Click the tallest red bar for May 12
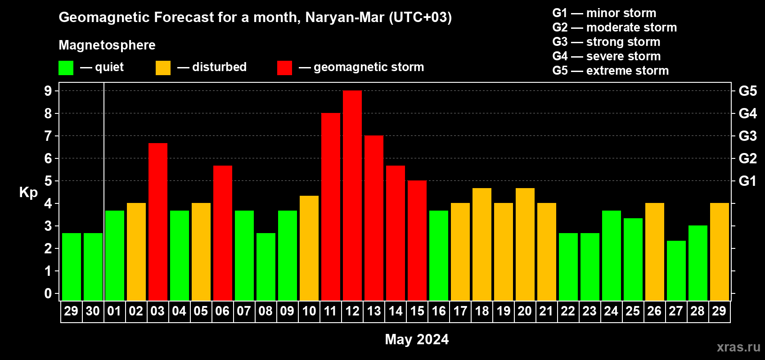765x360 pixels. (x=352, y=196)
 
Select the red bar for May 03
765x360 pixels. (x=158, y=222)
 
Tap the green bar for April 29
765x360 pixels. (x=72, y=267)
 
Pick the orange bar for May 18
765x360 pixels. (x=482, y=244)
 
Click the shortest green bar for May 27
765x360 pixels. (x=676, y=270)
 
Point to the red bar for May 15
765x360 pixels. (x=417, y=241)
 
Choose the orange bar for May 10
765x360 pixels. (x=309, y=248)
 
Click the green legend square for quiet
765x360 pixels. (x=66, y=68)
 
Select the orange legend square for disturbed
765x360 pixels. (x=163, y=68)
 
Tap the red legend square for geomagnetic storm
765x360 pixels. (x=284, y=68)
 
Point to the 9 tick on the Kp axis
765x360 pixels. (x=48, y=91)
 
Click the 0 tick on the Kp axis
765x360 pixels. (x=48, y=293)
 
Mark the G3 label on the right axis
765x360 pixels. (x=747, y=136)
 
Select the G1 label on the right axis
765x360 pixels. (x=747, y=181)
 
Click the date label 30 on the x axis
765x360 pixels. (x=93, y=311)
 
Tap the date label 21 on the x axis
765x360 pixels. (x=546, y=311)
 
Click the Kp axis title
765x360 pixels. (x=28, y=192)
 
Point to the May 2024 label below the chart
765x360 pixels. (x=417, y=339)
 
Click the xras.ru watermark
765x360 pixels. (x=738, y=347)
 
